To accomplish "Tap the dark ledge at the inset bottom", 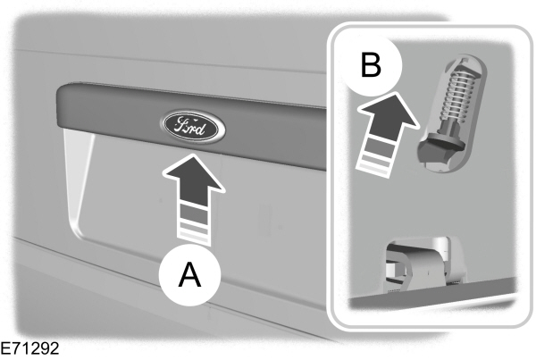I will click(x=429, y=296).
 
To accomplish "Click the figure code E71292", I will click(x=31, y=348).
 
